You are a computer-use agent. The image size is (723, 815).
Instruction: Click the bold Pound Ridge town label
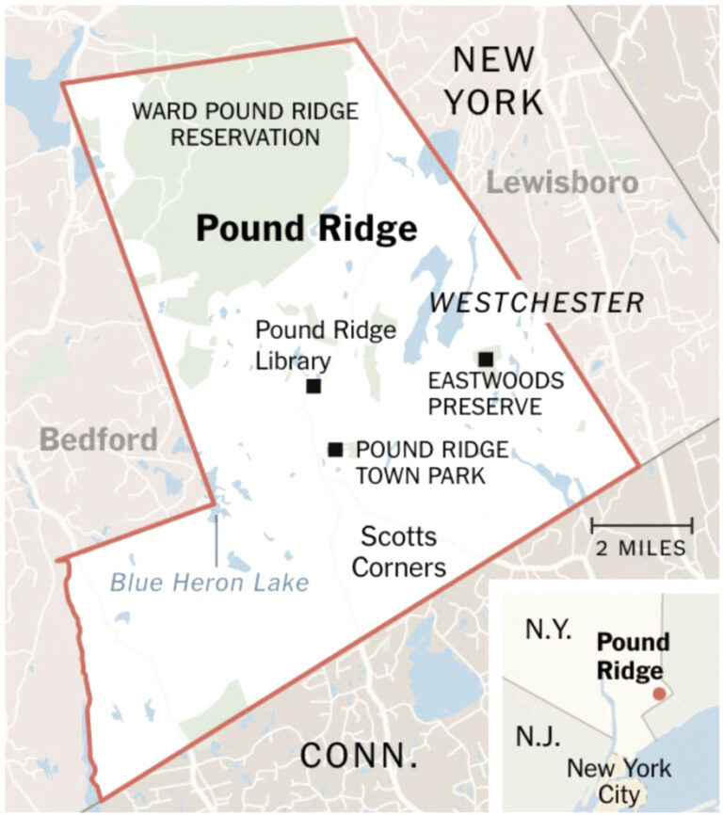306,229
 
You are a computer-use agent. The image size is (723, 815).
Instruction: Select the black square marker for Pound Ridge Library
313,386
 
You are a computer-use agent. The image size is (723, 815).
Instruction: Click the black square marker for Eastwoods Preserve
485,359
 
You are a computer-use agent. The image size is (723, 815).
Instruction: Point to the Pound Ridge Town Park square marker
335,449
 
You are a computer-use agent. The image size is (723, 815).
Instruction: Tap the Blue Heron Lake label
209,583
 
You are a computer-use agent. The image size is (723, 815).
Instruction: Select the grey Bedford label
99,439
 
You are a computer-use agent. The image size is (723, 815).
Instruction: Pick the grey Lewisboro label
562,182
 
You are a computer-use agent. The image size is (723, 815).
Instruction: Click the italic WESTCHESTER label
537,303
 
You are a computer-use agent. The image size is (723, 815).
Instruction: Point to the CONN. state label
359,755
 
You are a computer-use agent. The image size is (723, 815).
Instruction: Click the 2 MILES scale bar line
642,525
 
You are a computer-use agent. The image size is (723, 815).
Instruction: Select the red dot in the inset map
659,693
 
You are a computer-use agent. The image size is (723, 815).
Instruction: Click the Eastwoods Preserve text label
484,394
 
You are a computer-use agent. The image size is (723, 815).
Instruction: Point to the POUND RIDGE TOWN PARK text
432,462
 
